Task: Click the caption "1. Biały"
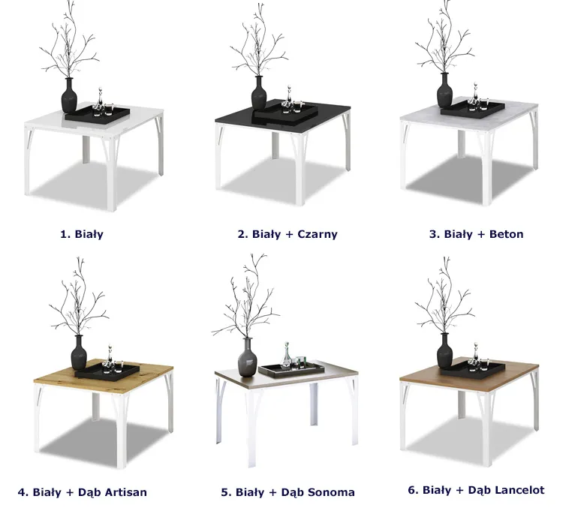pos(82,234)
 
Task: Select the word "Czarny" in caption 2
pos(318,234)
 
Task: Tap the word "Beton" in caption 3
pos(506,234)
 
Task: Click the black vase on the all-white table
pos(69,95)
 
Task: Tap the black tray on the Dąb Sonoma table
pos(291,370)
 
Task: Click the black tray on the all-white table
pos(98,115)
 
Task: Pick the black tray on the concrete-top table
pos(473,108)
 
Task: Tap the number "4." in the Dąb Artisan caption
pos(23,491)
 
